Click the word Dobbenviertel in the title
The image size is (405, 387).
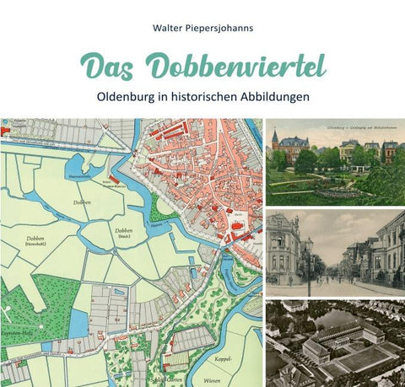(235, 65)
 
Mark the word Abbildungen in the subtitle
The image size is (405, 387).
(273, 96)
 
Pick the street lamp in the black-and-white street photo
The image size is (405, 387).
(310, 257)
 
